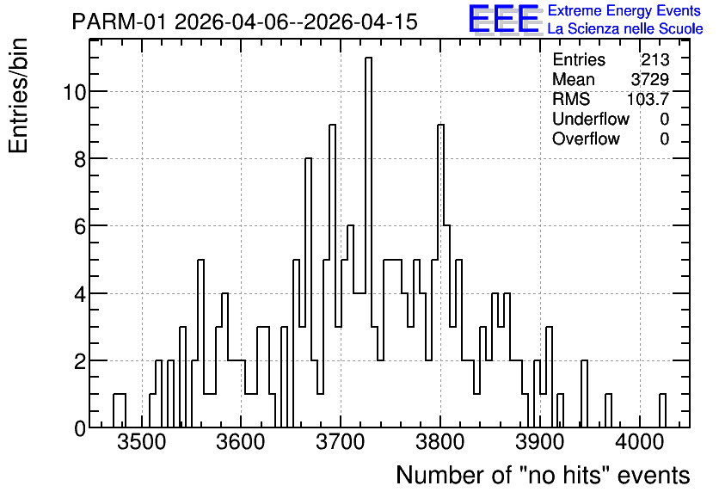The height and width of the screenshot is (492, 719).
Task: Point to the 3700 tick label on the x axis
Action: pyautogui.click(x=341, y=442)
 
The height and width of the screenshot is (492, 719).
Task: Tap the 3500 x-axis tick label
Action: pyautogui.click(x=141, y=442)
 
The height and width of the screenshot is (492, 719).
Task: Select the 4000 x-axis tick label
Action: pyautogui.click(x=640, y=442)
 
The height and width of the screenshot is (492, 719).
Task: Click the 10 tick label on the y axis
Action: pyautogui.click(x=74, y=93)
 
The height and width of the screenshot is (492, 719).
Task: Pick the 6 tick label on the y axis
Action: pyautogui.click(x=80, y=226)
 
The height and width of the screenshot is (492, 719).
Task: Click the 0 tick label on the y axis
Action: pyautogui.click(x=80, y=428)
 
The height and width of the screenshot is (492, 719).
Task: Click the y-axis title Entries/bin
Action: pyautogui.click(x=18, y=95)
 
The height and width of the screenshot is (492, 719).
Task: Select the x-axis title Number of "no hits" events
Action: pyautogui.click(x=543, y=475)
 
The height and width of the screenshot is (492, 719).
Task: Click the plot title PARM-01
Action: pyautogui.click(x=120, y=22)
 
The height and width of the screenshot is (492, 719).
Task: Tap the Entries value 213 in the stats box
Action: pyautogui.click(x=655, y=59)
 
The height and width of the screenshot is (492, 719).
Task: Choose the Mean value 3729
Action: pyautogui.click(x=649, y=79)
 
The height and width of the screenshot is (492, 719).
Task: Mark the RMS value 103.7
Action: pyautogui.click(x=648, y=99)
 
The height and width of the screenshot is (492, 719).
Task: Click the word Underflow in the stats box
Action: pyautogui.click(x=591, y=119)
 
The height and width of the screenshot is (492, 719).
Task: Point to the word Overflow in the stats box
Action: pyautogui.click(x=586, y=138)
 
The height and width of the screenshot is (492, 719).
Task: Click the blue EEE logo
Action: pyautogui.click(x=504, y=19)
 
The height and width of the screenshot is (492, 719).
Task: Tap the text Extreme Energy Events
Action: pyautogui.click(x=624, y=10)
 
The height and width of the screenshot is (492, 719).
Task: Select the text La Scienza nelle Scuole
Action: pyautogui.click(x=625, y=29)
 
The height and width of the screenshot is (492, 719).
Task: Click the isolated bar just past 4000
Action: pyautogui.click(x=662, y=411)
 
